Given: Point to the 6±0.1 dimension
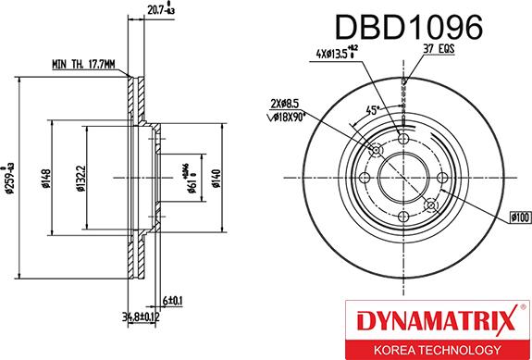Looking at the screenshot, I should click(x=173, y=301).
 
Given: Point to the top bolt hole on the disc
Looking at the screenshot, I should click(x=402, y=138).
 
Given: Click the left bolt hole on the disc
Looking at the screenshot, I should click(x=364, y=177).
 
